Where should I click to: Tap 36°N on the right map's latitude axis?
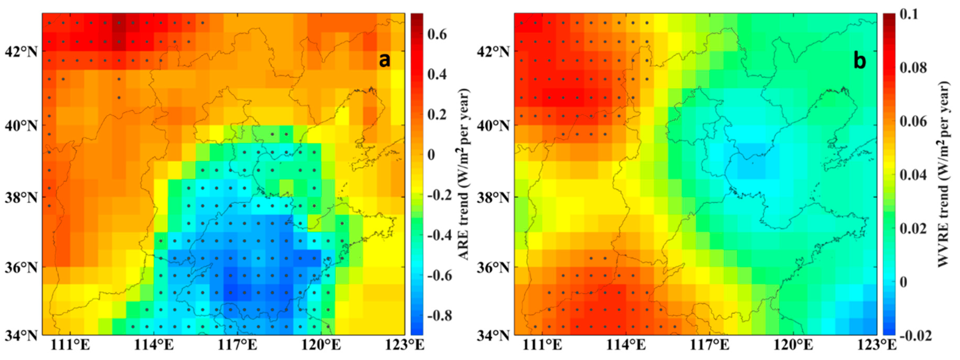[493, 268]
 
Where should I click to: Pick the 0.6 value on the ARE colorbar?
[437, 35]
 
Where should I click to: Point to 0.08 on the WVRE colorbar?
[913, 68]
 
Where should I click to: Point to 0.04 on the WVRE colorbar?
[913, 175]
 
